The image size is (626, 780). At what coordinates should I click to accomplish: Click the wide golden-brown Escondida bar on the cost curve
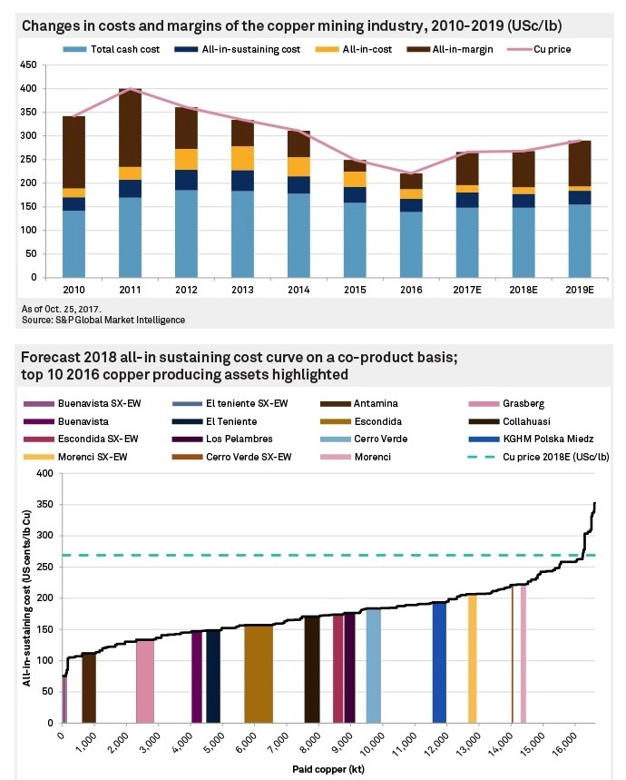coord(259,672)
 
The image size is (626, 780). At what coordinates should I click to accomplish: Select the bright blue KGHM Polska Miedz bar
coord(439,661)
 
